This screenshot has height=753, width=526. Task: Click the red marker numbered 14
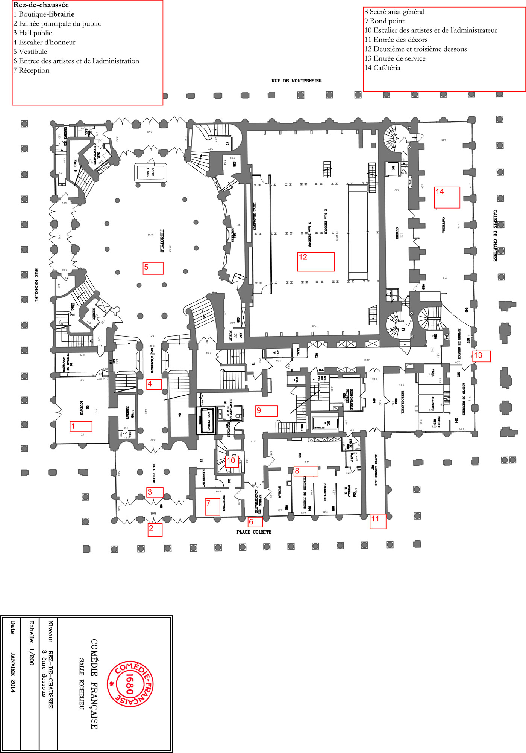coord(447,197)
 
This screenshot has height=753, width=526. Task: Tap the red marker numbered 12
coord(315,262)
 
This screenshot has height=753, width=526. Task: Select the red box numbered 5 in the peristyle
coord(153,268)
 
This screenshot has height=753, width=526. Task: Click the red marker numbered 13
coord(481,356)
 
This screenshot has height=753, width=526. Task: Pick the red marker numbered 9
coord(266,411)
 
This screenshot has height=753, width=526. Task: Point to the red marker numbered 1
coord(81,426)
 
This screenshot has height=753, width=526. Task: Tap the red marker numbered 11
coord(377,521)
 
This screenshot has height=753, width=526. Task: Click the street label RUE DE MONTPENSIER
coord(296,81)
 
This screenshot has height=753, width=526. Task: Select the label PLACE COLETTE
coord(254,532)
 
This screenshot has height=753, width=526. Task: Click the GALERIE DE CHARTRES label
coord(495,236)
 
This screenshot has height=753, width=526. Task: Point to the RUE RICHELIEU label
coord(36,285)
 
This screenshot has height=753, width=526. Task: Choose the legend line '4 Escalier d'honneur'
coord(44,42)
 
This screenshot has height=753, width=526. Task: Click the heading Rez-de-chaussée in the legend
coord(41,5)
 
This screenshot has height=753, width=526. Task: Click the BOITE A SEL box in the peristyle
coord(150,173)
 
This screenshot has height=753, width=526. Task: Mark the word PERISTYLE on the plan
coord(162,241)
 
